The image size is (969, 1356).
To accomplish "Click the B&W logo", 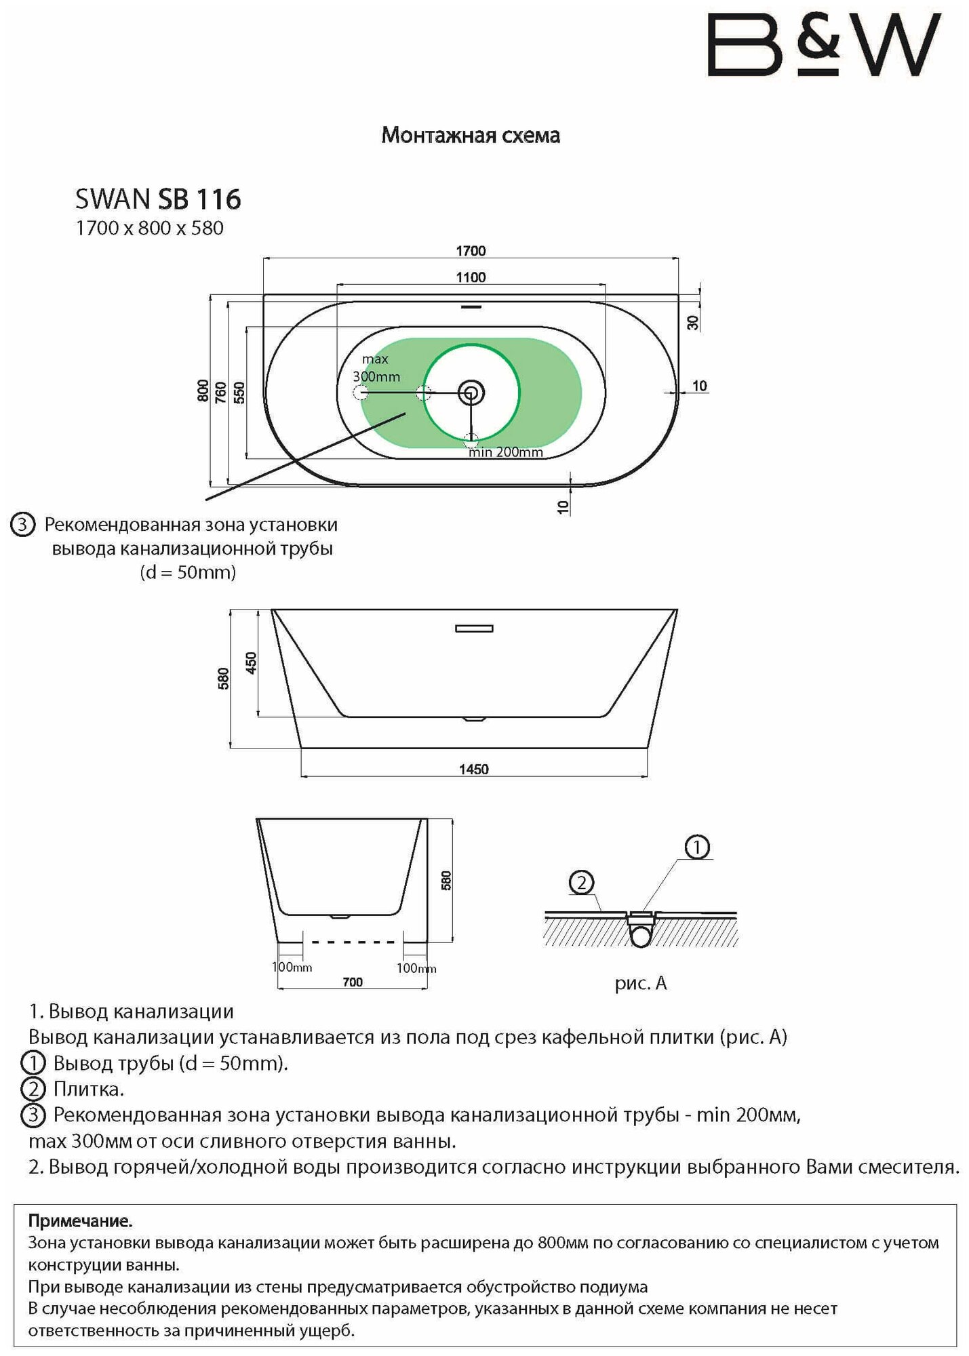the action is pyautogui.click(x=824, y=45).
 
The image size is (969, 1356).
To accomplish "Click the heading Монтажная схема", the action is pyautogui.click(x=471, y=136).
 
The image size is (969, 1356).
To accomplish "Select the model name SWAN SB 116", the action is pyautogui.click(x=158, y=199).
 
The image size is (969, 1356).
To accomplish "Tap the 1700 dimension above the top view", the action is pyautogui.click(x=471, y=251).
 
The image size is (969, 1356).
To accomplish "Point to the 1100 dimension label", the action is pyautogui.click(x=471, y=277).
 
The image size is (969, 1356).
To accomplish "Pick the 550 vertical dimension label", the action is pyautogui.click(x=239, y=393).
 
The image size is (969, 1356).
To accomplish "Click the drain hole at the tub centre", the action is pyautogui.click(x=470, y=392).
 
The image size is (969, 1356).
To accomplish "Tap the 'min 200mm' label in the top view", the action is pyautogui.click(x=506, y=452).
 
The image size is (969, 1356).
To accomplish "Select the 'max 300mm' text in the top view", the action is pyautogui.click(x=376, y=367).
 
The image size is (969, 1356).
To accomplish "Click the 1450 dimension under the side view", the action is pyautogui.click(x=473, y=770).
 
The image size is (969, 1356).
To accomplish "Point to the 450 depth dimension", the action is pyautogui.click(x=251, y=662).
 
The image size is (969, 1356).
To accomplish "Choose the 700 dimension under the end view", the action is pyautogui.click(x=353, y=982).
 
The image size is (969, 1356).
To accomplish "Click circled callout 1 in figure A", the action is pyautogui.click(x=697, y=847).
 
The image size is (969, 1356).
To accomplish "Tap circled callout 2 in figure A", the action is pyautogui.click(x=581, y=883).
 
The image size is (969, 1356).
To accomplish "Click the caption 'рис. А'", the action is pyautogui.click(x=641, y=983).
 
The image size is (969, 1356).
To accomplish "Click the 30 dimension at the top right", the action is pyautogui.click(x=693, y=322).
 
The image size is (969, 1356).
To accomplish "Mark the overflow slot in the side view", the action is pyautogui.click(x=474, y=629).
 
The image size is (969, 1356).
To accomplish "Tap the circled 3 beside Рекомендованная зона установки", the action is pyautogui.click(x=23, y=525).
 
